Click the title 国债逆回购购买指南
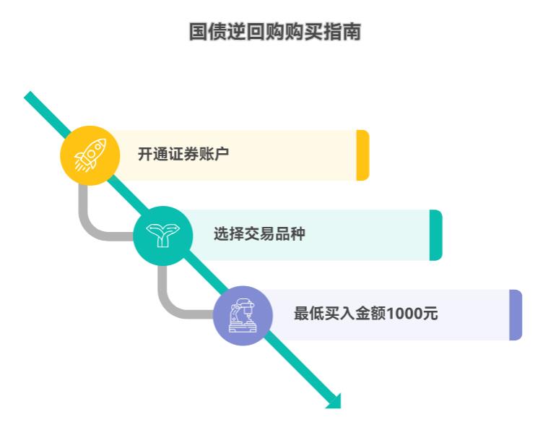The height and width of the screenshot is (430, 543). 274,33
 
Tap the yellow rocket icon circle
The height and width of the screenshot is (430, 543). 90,155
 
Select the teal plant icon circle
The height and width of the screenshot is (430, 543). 163,235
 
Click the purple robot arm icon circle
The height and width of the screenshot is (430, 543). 243,315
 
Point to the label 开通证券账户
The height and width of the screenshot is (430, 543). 183,154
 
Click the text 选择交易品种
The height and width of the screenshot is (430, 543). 259,234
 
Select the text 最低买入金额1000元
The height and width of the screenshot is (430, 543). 365,314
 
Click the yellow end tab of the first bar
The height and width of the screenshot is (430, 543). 362,155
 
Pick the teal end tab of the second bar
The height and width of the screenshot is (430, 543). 435,235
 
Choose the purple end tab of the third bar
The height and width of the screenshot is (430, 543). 516,315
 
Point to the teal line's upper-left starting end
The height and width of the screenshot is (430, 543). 30,96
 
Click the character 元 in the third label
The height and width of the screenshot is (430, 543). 430,314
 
